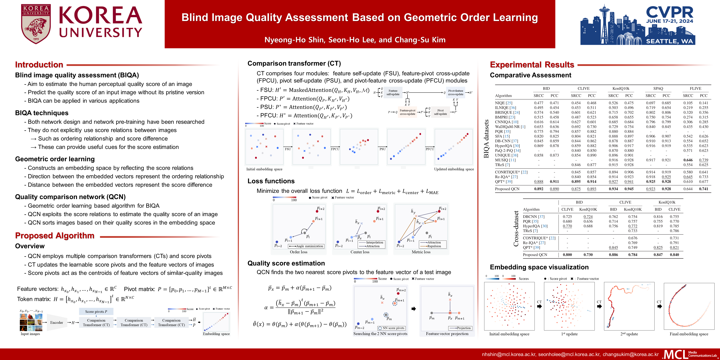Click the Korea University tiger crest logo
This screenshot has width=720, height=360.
click(36, 24)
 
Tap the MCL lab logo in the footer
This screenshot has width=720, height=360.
click(690, 354)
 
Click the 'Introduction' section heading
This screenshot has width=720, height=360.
click(39, 65)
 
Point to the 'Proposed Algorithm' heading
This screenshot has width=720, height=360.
click(55, 236)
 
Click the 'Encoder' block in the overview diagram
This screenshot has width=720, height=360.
click(56, 322)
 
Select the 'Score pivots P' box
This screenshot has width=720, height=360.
click(96, 311)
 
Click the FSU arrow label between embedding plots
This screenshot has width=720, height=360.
click(288, 149)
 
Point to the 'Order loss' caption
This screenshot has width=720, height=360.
click(298, 252)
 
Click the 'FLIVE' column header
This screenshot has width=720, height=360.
click(695, 88)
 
